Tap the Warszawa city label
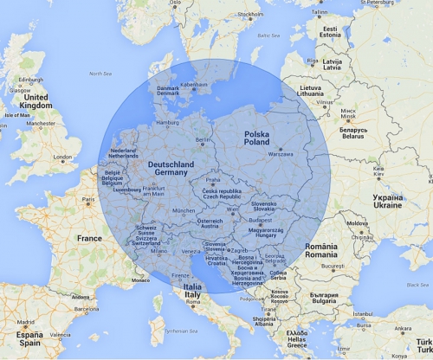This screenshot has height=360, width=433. [x=281, y=154]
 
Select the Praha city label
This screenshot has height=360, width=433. [x=214, y=180]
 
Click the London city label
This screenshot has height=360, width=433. [x=62, y=157]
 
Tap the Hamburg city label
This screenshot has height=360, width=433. [x=168, y=123]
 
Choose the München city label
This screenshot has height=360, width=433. [x=184, y=210]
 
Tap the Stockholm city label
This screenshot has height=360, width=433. [x=250, y=14]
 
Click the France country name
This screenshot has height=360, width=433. [x=89, y=238]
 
